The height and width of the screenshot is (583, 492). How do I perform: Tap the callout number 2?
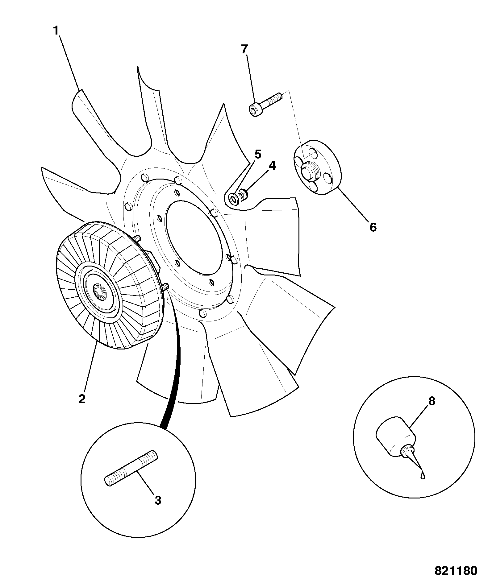[82, 399]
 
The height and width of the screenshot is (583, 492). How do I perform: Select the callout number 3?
[158, 500]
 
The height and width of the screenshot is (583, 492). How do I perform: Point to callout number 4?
[272, 166]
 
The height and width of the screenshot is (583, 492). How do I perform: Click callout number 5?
[258, 154]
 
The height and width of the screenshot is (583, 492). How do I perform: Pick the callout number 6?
[373, 227]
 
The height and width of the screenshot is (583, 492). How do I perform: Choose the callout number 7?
[244, 49]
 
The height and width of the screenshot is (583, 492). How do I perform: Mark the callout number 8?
[432, 401]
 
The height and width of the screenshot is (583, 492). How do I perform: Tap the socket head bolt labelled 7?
[265, 105]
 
